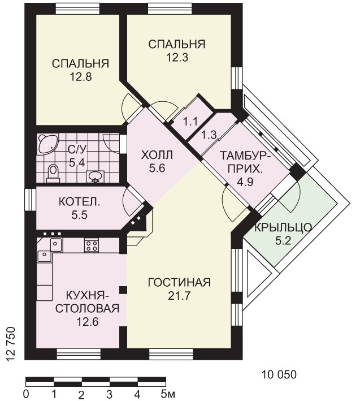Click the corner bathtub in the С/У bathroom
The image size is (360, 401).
(x=47, y=144)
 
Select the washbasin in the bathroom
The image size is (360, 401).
(x=96, y=176)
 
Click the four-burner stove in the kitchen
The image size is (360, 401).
(x=92, y=245)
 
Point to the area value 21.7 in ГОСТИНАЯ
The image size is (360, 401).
(x=179, y=296)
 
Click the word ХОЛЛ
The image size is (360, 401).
(x=157, y=155)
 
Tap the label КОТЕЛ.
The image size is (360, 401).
(x=80, y=202)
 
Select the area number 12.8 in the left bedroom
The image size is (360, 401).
(x=81, y=77)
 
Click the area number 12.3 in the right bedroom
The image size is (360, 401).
(x=177, y=57)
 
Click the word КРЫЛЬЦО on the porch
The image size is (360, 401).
(x=283, y=227)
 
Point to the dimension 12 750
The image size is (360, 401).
(x=11, y=344)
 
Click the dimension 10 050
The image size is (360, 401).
(x=279, y=374)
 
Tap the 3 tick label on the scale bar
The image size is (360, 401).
(x=109, y=394)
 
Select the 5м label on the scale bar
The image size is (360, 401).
(x=168, y=394)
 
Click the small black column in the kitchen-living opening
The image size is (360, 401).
(x=123, y=290)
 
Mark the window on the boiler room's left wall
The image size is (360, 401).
(x=31, y=200)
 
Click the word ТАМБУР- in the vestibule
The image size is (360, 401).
(x=245, y=156)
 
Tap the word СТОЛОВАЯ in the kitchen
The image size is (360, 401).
(x=88, y=309)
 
